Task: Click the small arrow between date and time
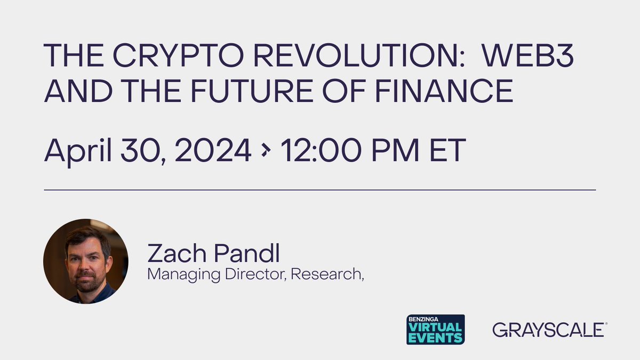point(265,152)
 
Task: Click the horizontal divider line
point(320,189)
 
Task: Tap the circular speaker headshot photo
point(85,261)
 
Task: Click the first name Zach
point(177,254)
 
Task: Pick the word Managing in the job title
point(173,275)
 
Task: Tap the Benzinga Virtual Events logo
point(435,329)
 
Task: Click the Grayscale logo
point(549,330)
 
